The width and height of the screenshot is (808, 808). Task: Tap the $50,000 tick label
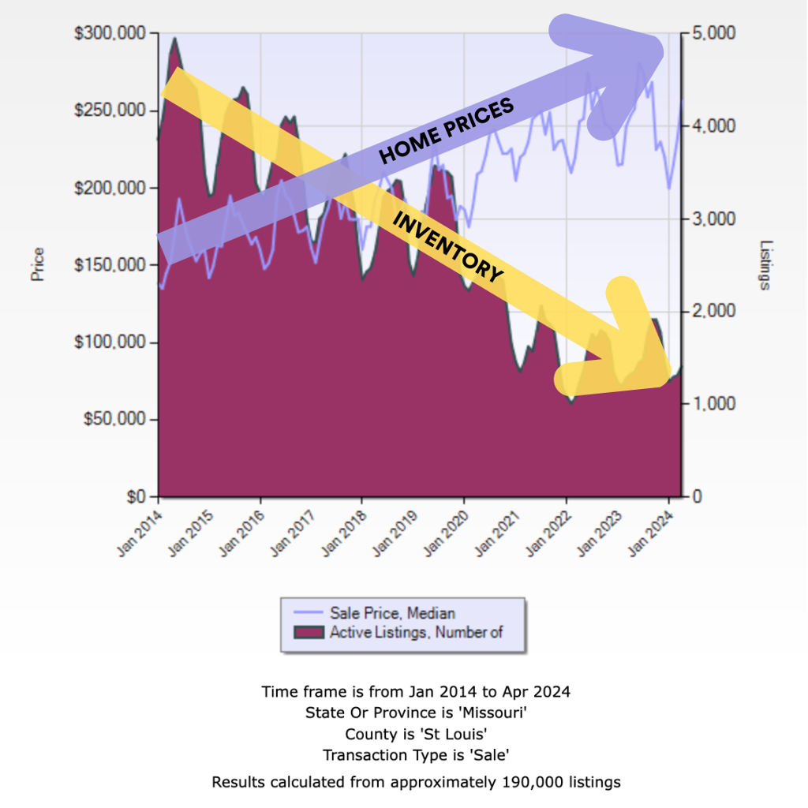click(x=117, y=420)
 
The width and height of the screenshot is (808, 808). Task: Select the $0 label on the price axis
click(x=139, y=497)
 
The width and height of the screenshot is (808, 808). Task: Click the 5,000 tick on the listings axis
click(x=715, y=33)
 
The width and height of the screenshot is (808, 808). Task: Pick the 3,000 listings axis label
click(x=715, y=219)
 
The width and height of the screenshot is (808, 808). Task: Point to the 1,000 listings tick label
click(x=715, y=404)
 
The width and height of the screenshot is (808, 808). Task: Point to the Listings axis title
click(x=765, y=265)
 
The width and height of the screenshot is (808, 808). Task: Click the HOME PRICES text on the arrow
click(x=447, y=130)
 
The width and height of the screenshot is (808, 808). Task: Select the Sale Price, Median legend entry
click(x=392, y=612)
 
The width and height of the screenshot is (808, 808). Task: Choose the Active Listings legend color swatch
click(x=309, y=632)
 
